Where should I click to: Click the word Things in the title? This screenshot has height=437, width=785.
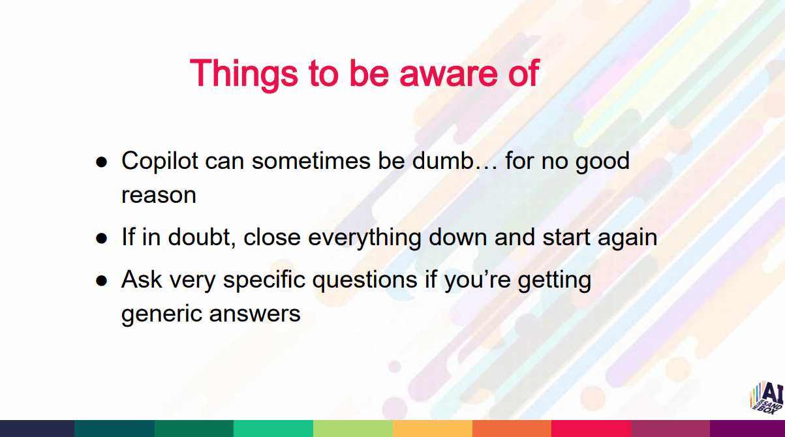click(x=244, y=74)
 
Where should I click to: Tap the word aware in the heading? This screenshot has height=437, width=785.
click(x=448, y=77)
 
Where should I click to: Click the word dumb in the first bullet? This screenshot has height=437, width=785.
click(x=442, y=160)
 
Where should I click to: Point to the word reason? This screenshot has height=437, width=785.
click(x=159, y=196)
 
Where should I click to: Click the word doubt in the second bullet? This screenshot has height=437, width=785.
click(x=199, y=237)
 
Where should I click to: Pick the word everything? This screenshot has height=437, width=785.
click(x=365, y=239)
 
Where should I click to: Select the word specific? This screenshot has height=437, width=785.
click(x=264, y=280)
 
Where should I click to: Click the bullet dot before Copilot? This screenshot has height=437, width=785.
click(x=101, y=162)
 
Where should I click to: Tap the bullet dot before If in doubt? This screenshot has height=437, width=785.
click(x=101, y=239)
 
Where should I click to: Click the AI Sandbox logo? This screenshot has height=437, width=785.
click(x=767, y=398)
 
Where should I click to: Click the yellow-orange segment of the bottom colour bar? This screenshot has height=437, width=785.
click(x=433, y=429)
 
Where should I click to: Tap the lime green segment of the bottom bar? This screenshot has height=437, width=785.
click(x=353, y=429)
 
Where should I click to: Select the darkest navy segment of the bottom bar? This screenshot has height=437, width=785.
click(x=37, y=429)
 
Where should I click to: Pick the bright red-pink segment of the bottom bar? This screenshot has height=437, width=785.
click(x=591, y=429)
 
